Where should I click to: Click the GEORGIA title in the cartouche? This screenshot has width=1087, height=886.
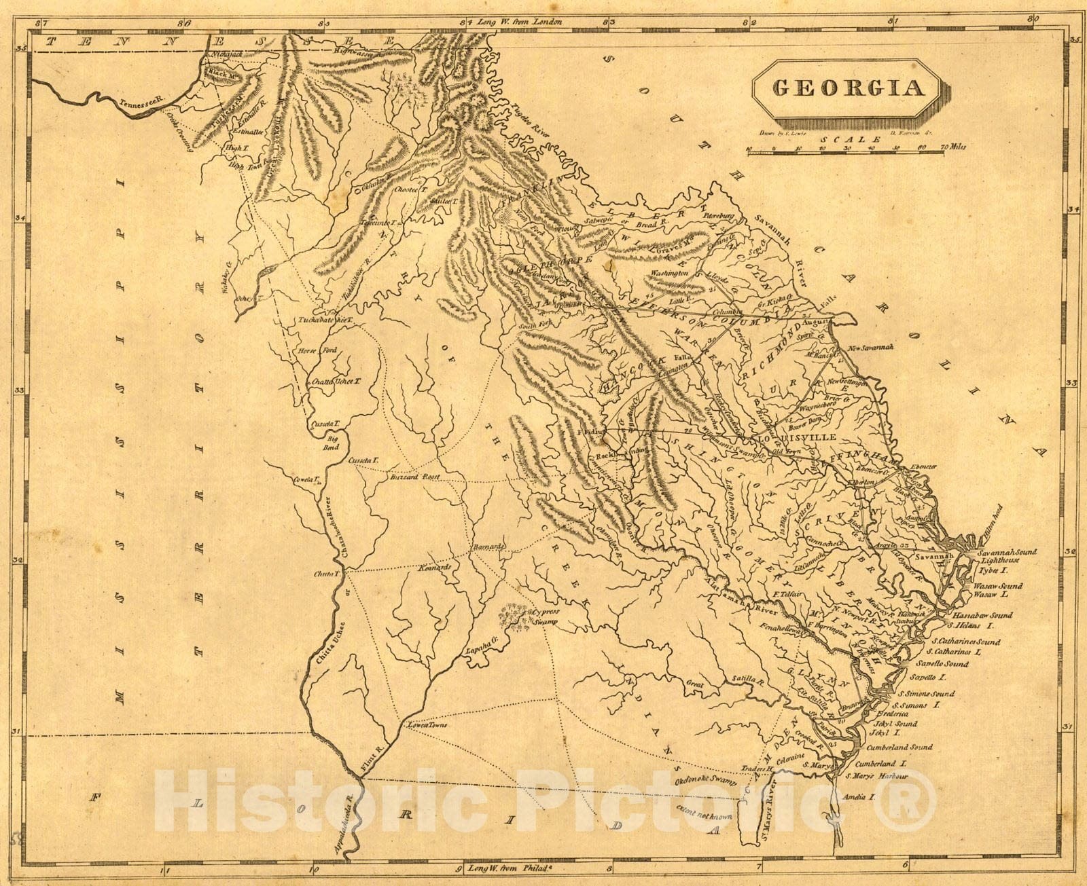[x=849, y=88]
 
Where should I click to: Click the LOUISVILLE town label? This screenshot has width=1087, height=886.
[x=806, y=438]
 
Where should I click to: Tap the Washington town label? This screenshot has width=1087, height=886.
[x=669, y=273]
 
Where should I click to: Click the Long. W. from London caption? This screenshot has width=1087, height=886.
[x=520, y=22]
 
